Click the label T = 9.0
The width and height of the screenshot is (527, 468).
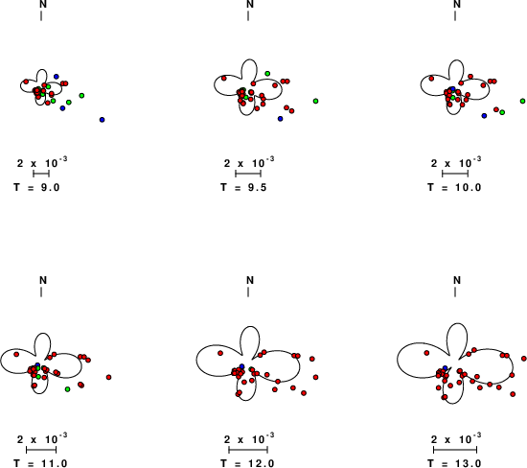click(x=36, y=187)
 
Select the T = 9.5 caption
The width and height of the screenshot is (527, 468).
click(x=243, y=187)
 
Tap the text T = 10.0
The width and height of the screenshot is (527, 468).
click(x=454, y=187)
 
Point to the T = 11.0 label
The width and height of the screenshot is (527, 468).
click(x=40, y=463)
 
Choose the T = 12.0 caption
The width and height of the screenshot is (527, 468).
click(x=247, y=463)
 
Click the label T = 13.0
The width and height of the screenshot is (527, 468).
click(x=454, y=463)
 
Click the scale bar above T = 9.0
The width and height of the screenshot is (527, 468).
click(x=41, y=174)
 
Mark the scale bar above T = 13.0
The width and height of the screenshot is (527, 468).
click(x=455, y=450)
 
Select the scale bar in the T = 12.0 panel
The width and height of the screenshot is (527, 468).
click(x=248, y=450)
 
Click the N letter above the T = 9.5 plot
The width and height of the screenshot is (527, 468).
click(x=250, y=4)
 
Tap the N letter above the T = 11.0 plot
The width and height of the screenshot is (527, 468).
click(x=43, y=280)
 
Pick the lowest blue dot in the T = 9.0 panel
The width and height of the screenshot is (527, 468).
click(x=103, y=120)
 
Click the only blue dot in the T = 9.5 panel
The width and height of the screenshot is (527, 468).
click(x=281, y=119)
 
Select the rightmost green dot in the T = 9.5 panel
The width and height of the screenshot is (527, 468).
click(x=315, y=101)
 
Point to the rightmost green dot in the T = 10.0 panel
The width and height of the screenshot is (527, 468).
click(x=522, y=101)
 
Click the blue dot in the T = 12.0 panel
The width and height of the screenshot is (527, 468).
click(x=242, y=366)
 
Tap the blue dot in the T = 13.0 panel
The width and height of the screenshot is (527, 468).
click(x=446, y=368)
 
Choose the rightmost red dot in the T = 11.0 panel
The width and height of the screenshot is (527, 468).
click(x=108, y=377)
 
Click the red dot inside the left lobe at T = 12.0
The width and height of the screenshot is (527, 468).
click(x=220, y=353)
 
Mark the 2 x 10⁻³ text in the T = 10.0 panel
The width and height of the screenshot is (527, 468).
click(x=456, y=162)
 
